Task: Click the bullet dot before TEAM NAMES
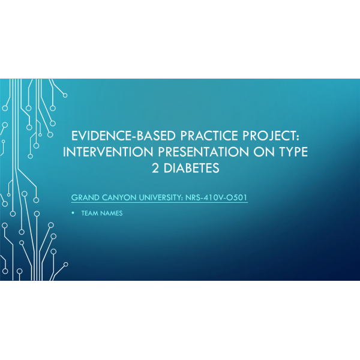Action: pyautogui.click(x=73, y=214)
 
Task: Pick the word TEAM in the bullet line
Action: pyautogui.click(x=89, y=214)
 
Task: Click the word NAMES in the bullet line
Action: pyautogui.click(x=111, y=214)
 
